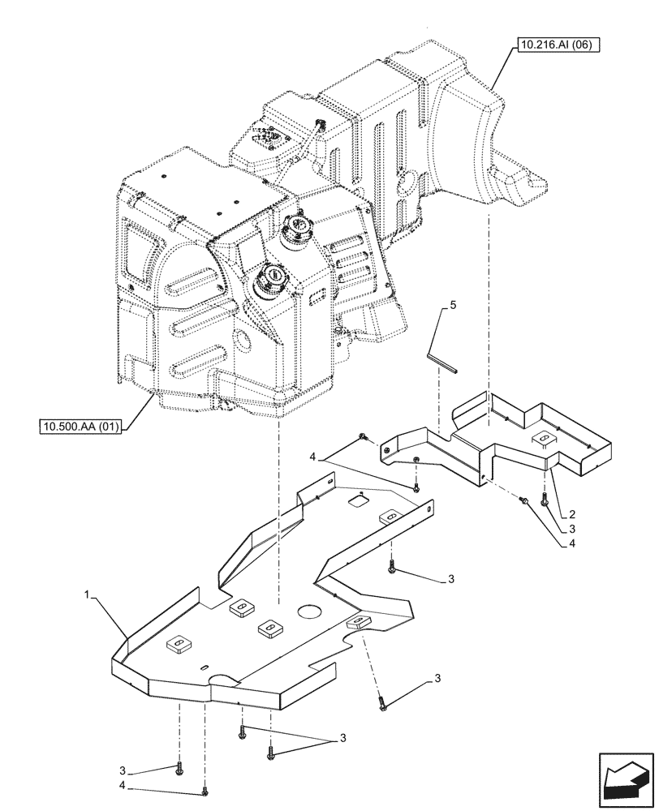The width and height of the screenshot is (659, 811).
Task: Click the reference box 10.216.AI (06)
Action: (x=555, y=46)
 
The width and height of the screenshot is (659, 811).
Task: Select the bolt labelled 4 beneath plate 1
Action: (x=205, y=791)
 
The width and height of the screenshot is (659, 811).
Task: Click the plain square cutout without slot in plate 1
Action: (x=356, y=502)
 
